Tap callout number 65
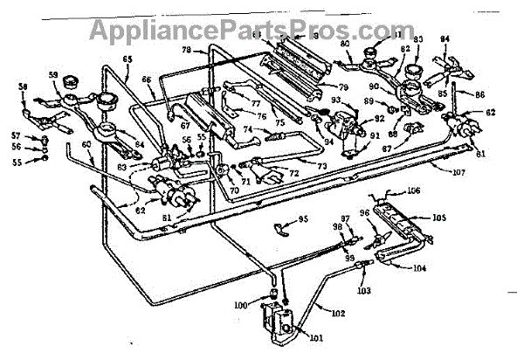128,59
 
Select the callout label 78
186,50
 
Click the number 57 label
16,136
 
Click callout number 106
413,190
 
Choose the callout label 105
439,218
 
